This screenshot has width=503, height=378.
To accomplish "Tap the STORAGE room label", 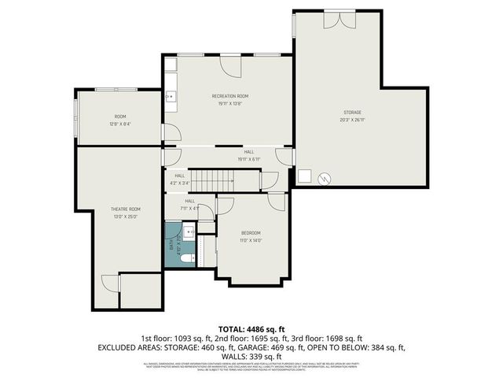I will pyautogui.click(x=352, y=113).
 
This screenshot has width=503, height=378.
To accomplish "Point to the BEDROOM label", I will pyautogui.click(x=251, y=232).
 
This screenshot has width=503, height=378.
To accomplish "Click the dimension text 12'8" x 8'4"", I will pyautogui.click(x=120, y=124).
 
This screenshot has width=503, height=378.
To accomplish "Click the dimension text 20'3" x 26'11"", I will pyautogui.click(x=352, y=120).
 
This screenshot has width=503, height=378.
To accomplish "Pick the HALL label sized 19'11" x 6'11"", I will pyautogui.click(x=248, y=151).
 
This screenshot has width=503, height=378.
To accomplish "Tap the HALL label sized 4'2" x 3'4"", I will pyautogui.click(x=179, y=176).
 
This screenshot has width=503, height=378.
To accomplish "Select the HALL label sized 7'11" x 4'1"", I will pyautogui.click(x=189, y=201).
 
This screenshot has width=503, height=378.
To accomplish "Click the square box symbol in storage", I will pyautogui.click(x=307, y=177).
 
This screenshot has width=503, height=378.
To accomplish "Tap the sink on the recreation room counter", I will pyautogui.click(x=171, y=96).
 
